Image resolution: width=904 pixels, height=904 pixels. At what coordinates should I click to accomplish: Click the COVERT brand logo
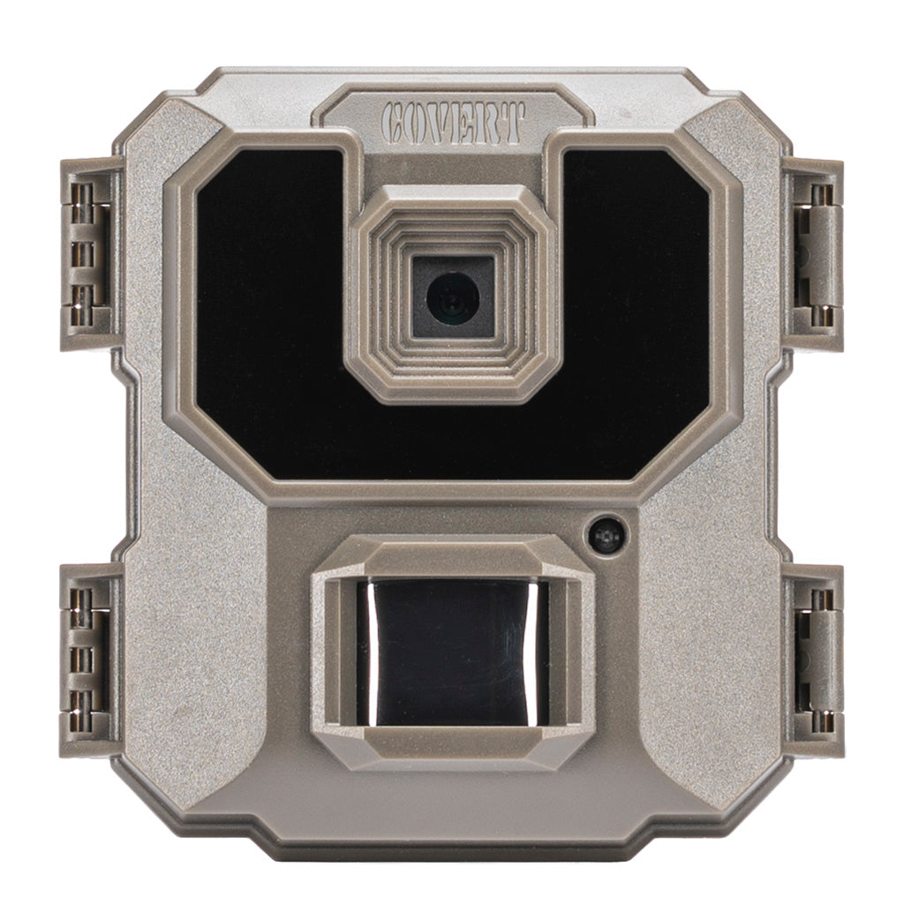[x=453, y=123]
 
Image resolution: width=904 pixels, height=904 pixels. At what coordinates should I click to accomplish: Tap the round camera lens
[x=453, y=297]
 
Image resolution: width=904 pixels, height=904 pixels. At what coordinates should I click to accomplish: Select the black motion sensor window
[x=452, y=652]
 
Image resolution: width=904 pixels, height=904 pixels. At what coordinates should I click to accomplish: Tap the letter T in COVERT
[x=514, y=122]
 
